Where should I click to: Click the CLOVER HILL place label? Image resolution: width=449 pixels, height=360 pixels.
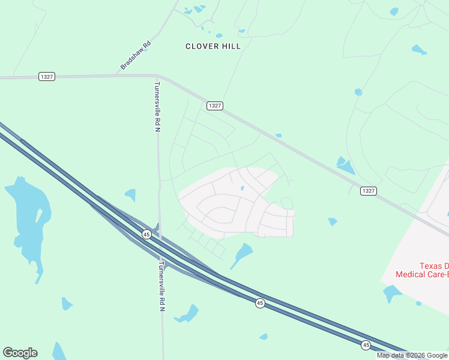[x=213, y=46]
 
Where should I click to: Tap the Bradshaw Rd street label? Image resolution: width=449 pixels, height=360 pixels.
[x=136, y=55]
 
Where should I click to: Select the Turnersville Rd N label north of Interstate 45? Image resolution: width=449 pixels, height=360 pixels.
[x=157, y=106]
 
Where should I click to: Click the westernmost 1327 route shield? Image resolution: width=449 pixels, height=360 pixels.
[x=46, y=76]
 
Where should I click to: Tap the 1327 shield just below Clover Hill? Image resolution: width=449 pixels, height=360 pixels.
[x=215, y=106]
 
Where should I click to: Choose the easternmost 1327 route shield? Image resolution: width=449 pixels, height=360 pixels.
[x=369, y=191]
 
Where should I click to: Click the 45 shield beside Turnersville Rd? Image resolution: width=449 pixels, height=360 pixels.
[x=146, y=234]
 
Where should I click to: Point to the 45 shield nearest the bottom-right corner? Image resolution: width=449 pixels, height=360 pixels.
[x=366, y=345]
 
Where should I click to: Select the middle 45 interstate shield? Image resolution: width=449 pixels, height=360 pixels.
[x=259, y=304]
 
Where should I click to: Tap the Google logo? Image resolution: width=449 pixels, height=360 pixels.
[x=20, y=353]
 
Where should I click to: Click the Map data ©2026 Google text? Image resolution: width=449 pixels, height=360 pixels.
[x=412, y=355]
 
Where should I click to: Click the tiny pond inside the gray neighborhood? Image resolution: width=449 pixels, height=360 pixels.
[x=242, y=188]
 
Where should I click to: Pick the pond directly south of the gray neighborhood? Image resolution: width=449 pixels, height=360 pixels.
[x=242, y=254]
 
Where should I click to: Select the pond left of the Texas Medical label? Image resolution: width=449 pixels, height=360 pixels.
[x=391, y=293]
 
